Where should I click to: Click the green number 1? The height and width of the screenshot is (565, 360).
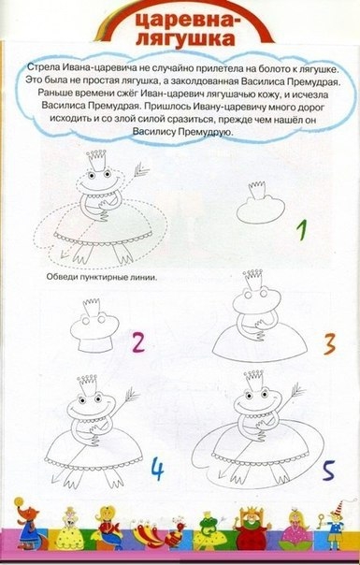302,230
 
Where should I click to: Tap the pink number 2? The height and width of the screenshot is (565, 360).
138,342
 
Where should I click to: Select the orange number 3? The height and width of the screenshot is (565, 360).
329,343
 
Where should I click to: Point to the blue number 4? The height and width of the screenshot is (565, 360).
157,469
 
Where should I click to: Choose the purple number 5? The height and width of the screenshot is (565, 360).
328,471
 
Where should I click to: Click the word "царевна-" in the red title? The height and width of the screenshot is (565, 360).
185,21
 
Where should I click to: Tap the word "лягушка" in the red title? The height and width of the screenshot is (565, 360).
185,39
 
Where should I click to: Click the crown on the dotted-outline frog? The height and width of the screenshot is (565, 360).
96,160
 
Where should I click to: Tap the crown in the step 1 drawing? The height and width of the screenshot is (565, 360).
257,190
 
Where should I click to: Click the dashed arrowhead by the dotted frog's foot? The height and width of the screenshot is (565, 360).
65,254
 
